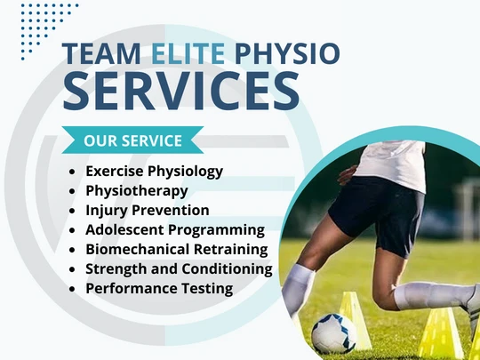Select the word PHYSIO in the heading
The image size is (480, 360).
tap(290, 54)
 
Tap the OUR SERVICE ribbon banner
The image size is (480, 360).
tap(132, 140)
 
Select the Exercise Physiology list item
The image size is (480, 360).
tap(154, 171)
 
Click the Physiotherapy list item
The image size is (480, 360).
tap(136, 190)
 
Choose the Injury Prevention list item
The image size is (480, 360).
tap(148, 210)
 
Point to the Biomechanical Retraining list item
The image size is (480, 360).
tap(176, 249)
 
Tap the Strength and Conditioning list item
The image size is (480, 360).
tap(179, 268)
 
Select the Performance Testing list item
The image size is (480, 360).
tap(159, 288)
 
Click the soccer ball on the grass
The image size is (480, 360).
tap(332, 332)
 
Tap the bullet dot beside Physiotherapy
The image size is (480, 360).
tap(72, 191)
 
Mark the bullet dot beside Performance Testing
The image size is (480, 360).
tap(72, 289)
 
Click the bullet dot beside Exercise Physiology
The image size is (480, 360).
tap(72, 172)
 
